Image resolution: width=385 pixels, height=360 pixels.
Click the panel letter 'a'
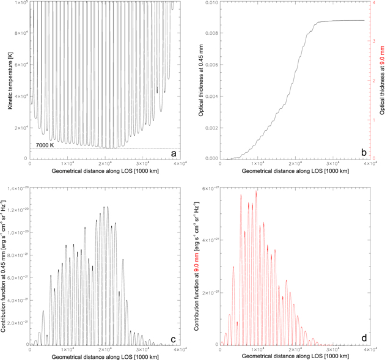174,153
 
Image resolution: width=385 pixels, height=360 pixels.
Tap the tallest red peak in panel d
256,191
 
